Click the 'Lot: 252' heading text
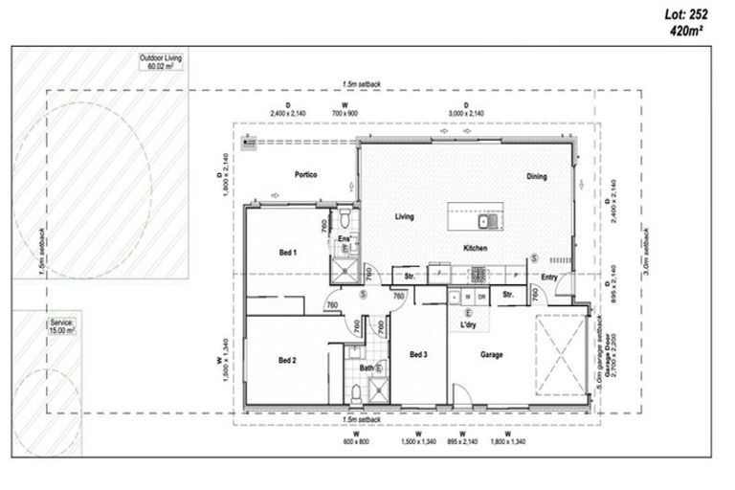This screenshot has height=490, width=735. pyautogui.click(x=693, y=13)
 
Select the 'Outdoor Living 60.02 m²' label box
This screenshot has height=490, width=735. pyautogui.click(x=161, y=62)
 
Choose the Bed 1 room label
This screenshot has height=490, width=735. pyautogui.click(x=287, y=253)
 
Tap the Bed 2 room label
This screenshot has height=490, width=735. pyautogui.click(x=287, y=360)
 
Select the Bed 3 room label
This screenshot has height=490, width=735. pyautogui.click(x=418, y=355)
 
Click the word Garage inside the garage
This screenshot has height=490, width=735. pyautogui.click(x=492, y=355)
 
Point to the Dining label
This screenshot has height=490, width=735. pyautogui.click(x=536, y=176)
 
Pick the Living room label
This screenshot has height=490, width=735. pyautogui.click(x=405, y=216)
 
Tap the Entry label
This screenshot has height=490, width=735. pyautogui.click(x=548, y=278)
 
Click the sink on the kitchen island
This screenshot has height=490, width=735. pyautogui.click(x=485, y=223)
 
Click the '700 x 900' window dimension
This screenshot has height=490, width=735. pyautogui.click(x=345, y=114)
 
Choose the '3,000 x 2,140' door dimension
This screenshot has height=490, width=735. pyautogui.click(x=466, y=114)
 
